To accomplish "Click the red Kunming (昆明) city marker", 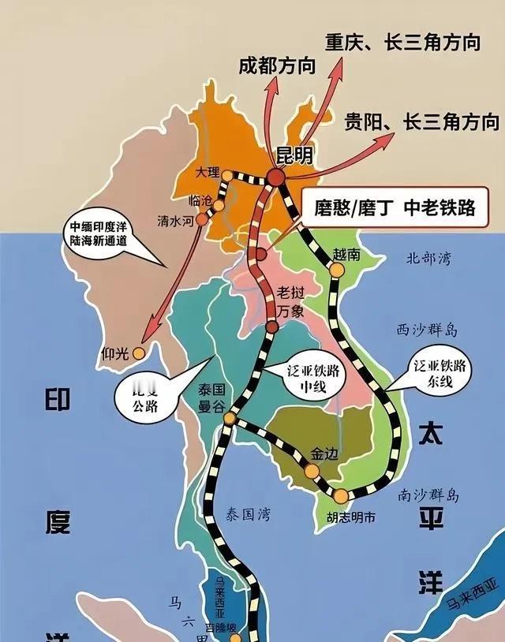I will [x=275, y=178].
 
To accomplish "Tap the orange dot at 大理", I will [x=227, y=175].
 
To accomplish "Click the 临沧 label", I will [x=201, y=200].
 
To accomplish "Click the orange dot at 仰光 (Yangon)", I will [x=139, y=353].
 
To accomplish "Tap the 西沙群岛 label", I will [x=427, y=329].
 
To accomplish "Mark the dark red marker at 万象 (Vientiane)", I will [x=271, y=330].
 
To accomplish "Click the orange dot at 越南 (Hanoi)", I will [x=336, y=270].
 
